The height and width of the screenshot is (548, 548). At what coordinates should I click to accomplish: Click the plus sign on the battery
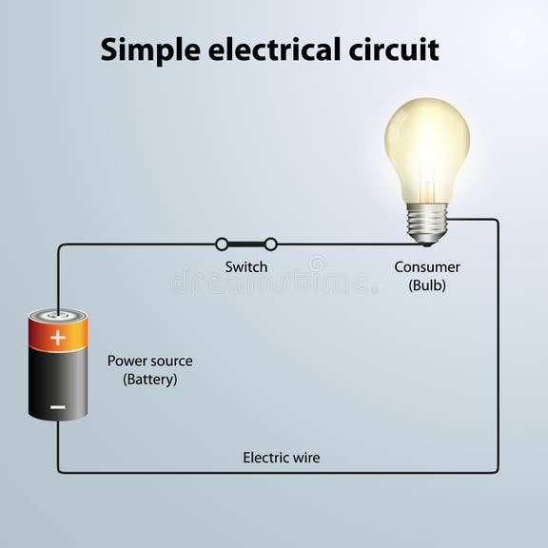pyautogui.click(x=58, y=337)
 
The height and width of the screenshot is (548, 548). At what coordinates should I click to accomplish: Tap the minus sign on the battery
pyautogui.click(x=58, y=406)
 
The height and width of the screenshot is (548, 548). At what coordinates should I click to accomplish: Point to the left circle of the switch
pyautogui.click(x=222, y=245)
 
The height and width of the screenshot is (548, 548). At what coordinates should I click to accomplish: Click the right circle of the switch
pyautogui.click(x=271, y=245)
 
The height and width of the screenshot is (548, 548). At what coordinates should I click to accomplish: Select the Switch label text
pyautogui.click(x=246, y=267)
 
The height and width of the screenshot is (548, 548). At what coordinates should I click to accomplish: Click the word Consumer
pyautogui.click(x=427, y=267)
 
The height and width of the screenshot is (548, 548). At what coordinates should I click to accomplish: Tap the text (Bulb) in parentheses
pyautogui.click(x=427, y=285)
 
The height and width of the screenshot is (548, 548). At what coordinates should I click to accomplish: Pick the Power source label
pyautogui.click(x=149, y=361)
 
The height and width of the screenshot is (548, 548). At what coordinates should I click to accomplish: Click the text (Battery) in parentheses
pyautogui.click(x=149, y=379)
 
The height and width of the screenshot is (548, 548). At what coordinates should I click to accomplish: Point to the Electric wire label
pyautogui.click(x=282, y=458)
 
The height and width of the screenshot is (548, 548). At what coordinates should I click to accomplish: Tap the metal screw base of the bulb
pyautogui.click(x=427, y=223)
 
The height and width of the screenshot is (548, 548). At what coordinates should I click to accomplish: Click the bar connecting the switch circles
pyautogui.click(x=246, y=245)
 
